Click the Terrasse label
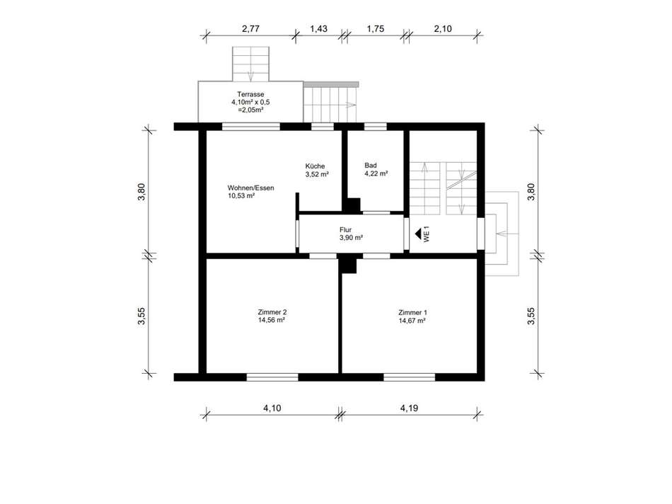[x=250, y=94]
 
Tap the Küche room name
[x=315, y=166]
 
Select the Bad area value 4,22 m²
[x=376, y=173]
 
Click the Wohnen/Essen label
[x=250, y=188]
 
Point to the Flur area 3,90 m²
[x=352, y=238]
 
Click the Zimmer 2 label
[x=272, y=312]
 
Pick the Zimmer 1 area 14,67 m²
[x=412, y=321]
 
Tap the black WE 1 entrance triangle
[x=418, y=234]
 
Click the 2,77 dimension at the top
[x=250, y=29]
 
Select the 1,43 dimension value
[x=318, y=29]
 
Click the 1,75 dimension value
[x=376, y=29]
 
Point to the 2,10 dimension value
[x=443, y=29]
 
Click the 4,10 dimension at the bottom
[x=272, y=408]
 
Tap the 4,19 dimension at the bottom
[x=410, y=408]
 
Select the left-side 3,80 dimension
[x=141, y=192]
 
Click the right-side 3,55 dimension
[x=531, y=316]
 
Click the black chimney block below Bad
[x=353, y=205]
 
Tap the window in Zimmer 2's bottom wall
[x=272, y=377]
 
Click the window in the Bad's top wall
[x=376, y=127]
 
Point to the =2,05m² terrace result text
[x=250, y=110]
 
